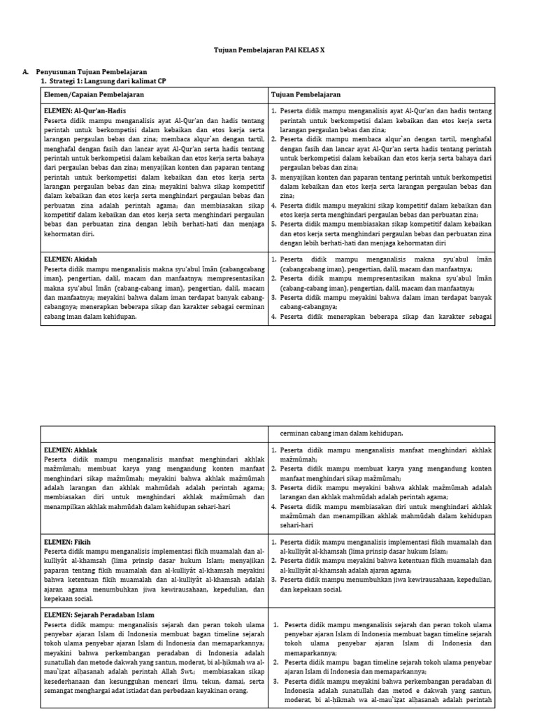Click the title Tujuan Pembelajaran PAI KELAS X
[268, 51]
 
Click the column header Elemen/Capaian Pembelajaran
[94, 94]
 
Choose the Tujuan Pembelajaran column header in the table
[306, 94]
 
